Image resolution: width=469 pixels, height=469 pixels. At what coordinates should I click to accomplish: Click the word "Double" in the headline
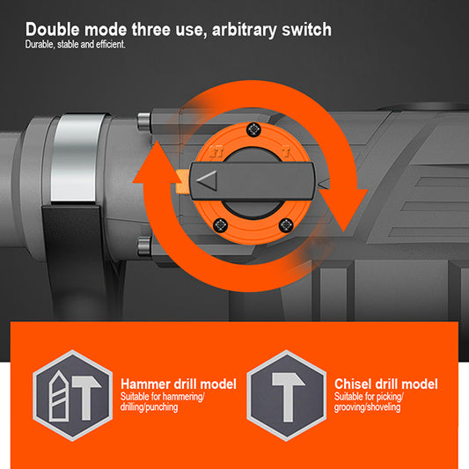(x=53, y=30)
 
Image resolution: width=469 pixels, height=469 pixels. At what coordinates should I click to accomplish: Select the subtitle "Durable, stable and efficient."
(x=75, y=44)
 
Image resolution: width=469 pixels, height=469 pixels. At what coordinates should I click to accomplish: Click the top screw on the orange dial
(x=253, y=130)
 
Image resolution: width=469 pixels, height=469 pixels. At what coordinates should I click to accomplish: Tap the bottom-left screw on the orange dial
(x=221, y=224)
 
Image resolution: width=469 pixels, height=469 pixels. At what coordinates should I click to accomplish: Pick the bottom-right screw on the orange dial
(x=286, y=225)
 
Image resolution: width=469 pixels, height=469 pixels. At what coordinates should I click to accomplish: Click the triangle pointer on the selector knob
(x=207, y=180)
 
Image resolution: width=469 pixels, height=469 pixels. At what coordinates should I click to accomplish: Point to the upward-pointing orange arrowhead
(x=156, y=163)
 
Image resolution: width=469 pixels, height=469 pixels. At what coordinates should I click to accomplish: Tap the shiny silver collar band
(x=77, y=158)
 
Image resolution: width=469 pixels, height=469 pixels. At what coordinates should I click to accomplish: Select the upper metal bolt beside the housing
(x=144, y=121)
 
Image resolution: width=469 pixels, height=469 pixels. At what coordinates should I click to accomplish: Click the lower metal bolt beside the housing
(x=144, y=245)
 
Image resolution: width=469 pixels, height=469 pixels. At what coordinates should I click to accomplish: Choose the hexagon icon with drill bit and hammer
(x=73, y=395)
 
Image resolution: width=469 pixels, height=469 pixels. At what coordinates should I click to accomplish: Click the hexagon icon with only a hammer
(x=287, y=395)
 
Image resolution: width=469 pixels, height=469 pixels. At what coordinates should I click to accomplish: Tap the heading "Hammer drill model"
(x=179, y=384)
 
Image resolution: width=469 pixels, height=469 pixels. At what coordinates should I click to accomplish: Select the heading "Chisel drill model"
(x=386, y=384)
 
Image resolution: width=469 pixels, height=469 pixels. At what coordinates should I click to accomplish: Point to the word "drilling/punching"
(x=149, y=407)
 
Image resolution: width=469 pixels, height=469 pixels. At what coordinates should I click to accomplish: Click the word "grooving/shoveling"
(x=367, y=407)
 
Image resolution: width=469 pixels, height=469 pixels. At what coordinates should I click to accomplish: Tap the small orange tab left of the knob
(x=182, y=181)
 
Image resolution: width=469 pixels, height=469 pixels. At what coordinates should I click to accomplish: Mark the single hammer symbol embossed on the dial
(x=286, y=152)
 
